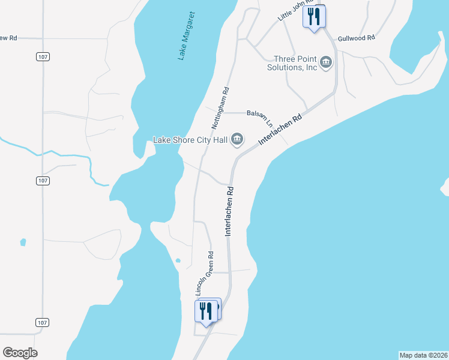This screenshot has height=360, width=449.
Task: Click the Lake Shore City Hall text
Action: coord(191,140)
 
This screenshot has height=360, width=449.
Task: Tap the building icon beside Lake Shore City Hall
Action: coord(237,140)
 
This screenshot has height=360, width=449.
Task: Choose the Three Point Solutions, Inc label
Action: coord(294,63)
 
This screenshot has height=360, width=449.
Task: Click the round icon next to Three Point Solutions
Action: coord(326,62)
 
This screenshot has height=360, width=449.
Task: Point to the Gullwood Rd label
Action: coord(356,37)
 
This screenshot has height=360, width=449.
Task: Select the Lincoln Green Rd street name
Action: coord(205,272)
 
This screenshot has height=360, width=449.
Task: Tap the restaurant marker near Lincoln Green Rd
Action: coord(205,311)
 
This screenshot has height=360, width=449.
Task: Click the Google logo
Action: coord(20,353)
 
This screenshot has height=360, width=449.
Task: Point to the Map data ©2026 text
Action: coord(423,355)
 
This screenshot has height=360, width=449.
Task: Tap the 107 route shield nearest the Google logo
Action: coord(41,323)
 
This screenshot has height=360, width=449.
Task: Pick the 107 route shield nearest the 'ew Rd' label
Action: coord(43,56)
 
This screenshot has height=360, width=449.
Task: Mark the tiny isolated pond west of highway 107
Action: coord(23,242)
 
